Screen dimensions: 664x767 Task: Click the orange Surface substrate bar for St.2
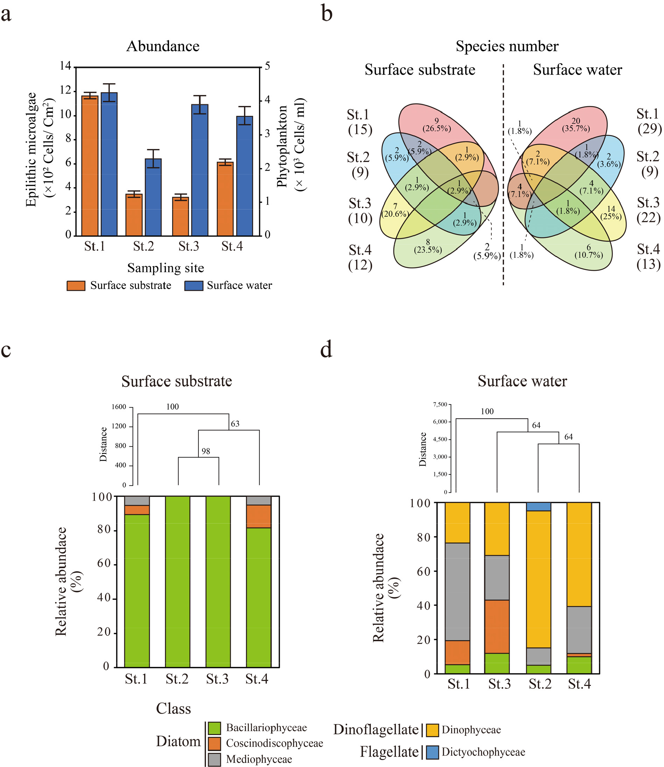click(134, 215)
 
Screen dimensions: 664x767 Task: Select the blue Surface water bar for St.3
click(200, 170)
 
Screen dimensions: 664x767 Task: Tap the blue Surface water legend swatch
click(194, 286)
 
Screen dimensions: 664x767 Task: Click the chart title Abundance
click(163, 46)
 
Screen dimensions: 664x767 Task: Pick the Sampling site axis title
click(165, 268)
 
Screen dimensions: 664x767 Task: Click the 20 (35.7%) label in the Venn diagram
click(576, 125)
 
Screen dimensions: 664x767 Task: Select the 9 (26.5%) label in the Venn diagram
click(437, 125)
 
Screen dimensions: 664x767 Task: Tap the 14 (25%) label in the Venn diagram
click(611, 213)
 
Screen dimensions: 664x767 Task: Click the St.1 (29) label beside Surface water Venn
click(648, 121)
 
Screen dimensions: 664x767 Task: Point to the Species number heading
click(507, 46)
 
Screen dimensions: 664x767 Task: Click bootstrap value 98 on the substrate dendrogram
click(206, 451)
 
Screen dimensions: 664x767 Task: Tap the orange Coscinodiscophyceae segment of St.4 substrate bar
click(258, 516)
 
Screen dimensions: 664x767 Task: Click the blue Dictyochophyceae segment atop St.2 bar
click(538, 507)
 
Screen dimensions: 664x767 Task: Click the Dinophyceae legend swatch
click(432, 730)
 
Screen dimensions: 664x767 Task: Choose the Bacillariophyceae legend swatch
click(214, 728)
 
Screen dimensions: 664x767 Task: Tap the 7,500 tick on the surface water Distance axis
click(440, 404)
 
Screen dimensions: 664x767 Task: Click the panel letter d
click(326, 350)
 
